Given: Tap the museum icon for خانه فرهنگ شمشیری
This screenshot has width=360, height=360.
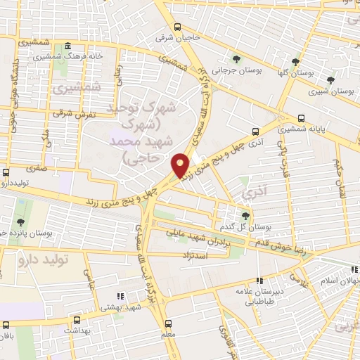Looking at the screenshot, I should [67, 47].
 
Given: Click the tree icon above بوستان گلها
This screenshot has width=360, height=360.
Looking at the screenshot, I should [296, 62].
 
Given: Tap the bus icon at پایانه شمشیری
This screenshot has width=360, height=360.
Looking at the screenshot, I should [302, 118].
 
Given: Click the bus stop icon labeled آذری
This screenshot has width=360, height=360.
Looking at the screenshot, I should [255, 131].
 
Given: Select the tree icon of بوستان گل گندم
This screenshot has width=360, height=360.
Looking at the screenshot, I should [245, 216].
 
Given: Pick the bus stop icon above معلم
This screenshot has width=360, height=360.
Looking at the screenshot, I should [167, 323].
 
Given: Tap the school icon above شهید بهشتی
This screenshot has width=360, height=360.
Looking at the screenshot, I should [120, 297].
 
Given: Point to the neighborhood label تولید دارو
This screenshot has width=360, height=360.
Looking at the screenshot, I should [41, 260].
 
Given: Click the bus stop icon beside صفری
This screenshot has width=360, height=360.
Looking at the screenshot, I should [6, 172].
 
